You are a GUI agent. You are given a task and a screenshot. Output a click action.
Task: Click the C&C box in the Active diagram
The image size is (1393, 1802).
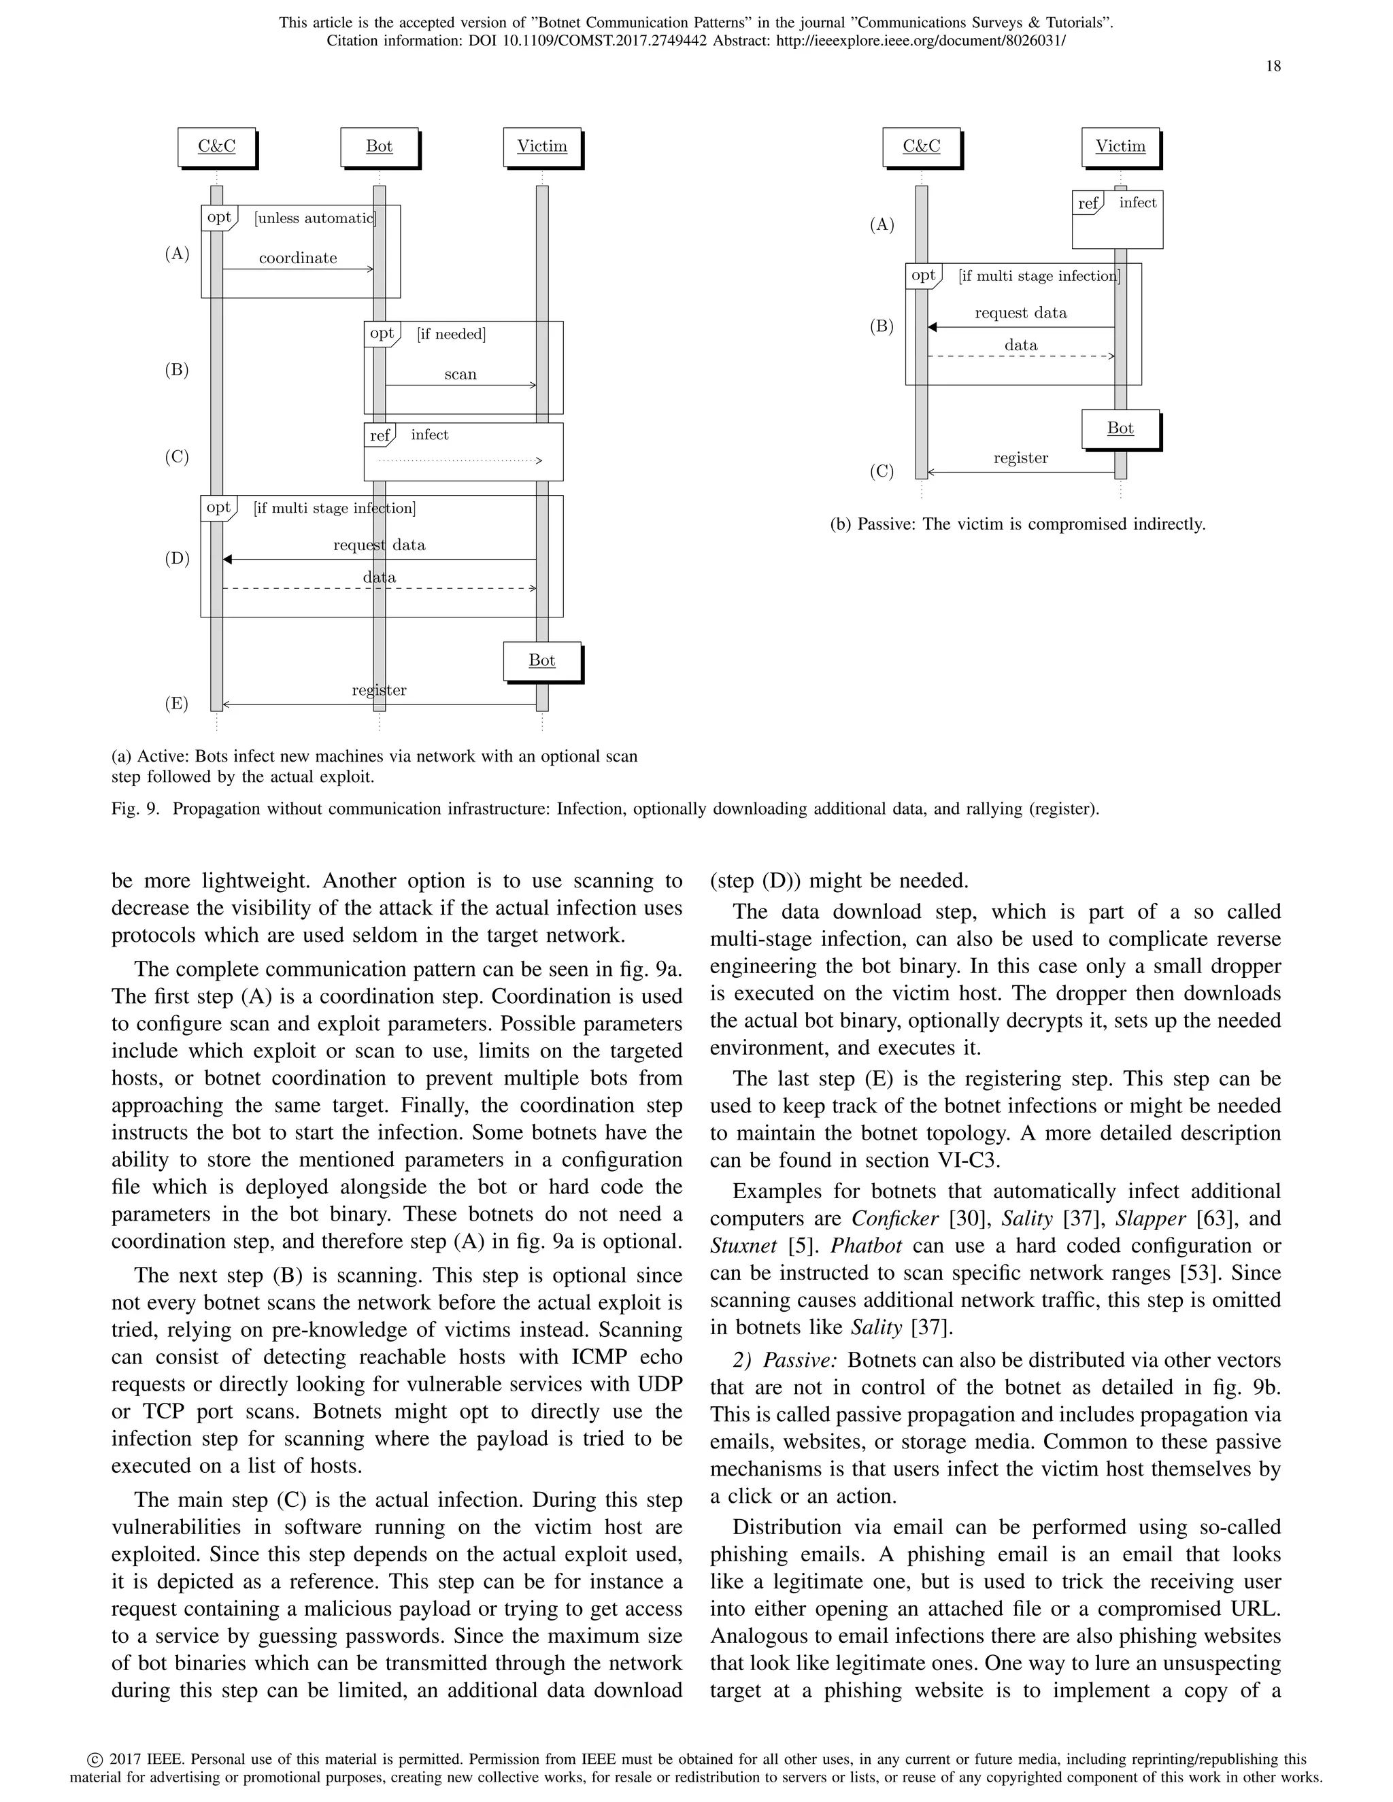(216, 147)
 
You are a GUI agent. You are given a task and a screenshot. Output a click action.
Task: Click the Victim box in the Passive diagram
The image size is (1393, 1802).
(1120, 147)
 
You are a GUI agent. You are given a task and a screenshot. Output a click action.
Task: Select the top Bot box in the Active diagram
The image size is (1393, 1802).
(379, 147)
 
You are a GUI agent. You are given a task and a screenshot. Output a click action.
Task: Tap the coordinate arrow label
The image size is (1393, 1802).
(298, 258)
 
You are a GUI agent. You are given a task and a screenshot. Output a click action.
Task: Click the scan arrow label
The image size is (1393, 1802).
(460, 375)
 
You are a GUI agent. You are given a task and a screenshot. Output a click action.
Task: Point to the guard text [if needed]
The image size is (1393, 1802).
(452, 334)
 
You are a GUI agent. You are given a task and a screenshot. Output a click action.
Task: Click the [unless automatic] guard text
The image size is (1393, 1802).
(315, 219)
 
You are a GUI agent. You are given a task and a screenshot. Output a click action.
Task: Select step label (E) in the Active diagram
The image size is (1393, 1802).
(177, 704)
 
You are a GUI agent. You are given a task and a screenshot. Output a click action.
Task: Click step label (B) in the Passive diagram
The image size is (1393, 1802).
(882, 326)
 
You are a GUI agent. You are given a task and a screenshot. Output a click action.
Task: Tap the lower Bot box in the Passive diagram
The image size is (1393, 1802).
(1120, 428)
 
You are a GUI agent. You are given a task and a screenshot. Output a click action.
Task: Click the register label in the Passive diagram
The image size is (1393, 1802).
(1021, 458)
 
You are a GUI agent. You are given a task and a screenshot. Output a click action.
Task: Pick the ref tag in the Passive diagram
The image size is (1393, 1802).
(1088, 203)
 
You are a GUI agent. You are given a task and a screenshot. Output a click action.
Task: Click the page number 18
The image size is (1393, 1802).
(1273, 66)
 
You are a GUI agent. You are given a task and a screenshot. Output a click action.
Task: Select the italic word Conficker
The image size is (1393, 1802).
(894, 1219)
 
